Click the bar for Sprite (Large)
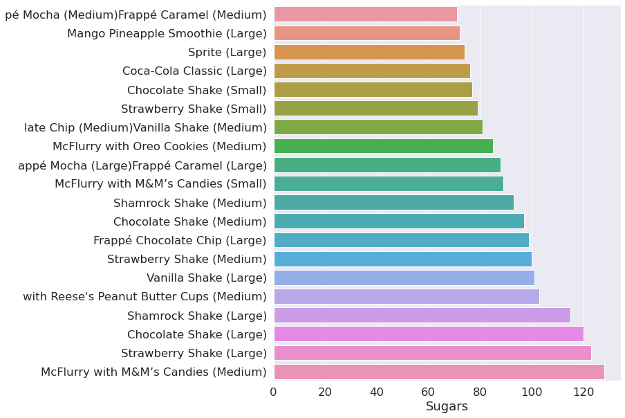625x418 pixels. tap(369, 52)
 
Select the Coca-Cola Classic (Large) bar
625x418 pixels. tap(372, 71)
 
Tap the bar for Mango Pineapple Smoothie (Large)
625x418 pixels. tap(366, 33)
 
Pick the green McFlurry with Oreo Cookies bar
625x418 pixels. tap(383, 146)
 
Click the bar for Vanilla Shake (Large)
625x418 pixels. tap(404, 278)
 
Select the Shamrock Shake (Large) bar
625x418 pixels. tap(422, 316)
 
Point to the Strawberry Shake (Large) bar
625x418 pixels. tap(432, 353)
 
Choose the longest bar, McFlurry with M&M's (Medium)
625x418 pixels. tap(439, 372)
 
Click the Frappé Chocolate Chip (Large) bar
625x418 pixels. tap(401, 240)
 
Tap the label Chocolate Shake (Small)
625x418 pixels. tap(197, 90)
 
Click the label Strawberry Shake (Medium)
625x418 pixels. tap(187, 259)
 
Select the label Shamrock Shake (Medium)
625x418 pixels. tap(190, 203)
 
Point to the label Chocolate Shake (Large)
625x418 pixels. tap(197, 334)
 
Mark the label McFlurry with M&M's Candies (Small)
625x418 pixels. tap(160, 183)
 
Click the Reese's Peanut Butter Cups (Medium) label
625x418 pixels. tap(144, 297)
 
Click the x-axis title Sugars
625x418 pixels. tap(447, 407)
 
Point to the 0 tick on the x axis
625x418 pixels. tap(274, 392)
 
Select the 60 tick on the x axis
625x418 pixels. tap(429, 392)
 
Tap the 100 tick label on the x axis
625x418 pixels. tap(532, 392)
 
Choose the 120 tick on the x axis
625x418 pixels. tap(584, 392)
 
